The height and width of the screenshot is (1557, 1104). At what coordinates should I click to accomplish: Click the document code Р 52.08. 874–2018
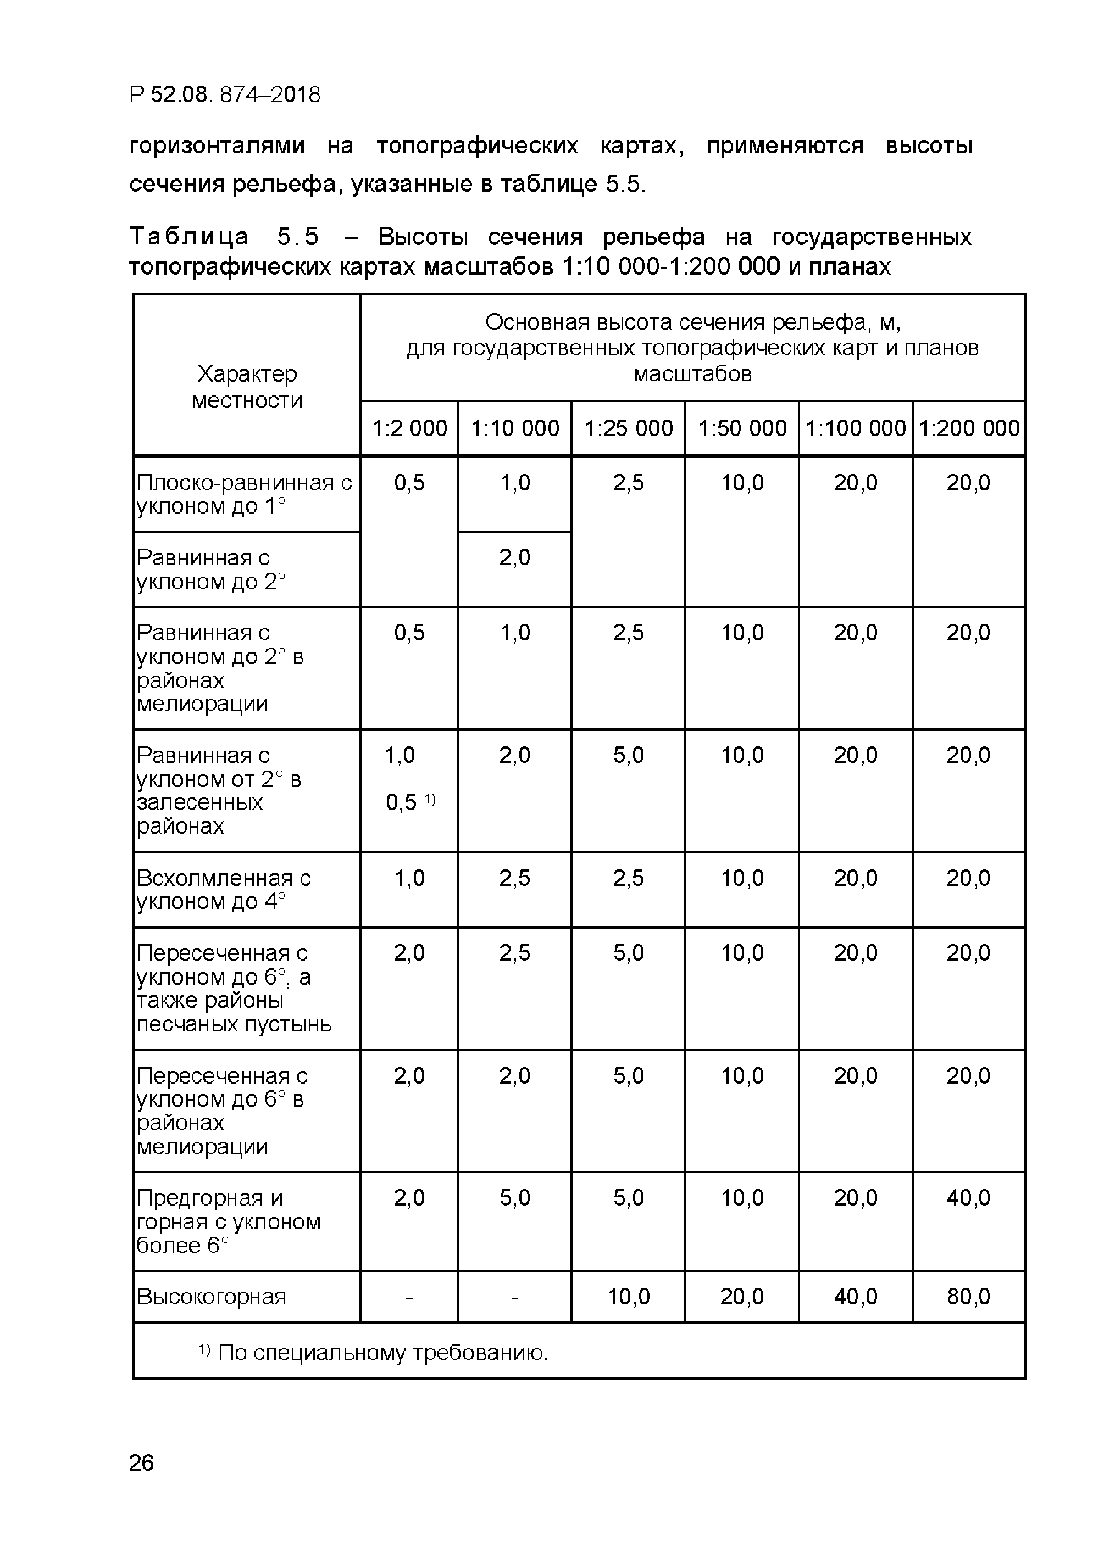coord(224,94)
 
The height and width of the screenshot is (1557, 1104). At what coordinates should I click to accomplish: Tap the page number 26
coord(141,1462)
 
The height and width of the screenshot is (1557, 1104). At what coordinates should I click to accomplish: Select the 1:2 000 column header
coord(409,428)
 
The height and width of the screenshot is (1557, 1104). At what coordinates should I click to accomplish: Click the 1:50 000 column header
coord(742,428)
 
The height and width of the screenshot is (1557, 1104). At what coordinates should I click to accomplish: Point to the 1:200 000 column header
coord(969,428)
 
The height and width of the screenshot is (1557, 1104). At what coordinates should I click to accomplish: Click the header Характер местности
coord(247,387)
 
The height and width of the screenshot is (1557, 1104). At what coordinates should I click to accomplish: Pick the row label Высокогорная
coord(212,1296)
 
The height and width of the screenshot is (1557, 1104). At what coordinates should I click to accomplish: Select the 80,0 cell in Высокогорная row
coord(968,1296)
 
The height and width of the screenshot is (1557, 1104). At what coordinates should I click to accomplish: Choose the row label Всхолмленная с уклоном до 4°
coord(224,889)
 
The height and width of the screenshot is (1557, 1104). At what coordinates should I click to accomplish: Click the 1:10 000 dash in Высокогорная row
coord(514,1297)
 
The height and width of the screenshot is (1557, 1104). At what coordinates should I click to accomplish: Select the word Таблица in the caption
coord(189,236)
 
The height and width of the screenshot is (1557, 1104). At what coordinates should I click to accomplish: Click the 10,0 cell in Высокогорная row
coord(628,1296)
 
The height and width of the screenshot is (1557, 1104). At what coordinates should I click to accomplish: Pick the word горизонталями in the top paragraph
coord(217,146)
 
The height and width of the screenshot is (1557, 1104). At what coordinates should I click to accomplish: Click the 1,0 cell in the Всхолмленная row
coord(409,878)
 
